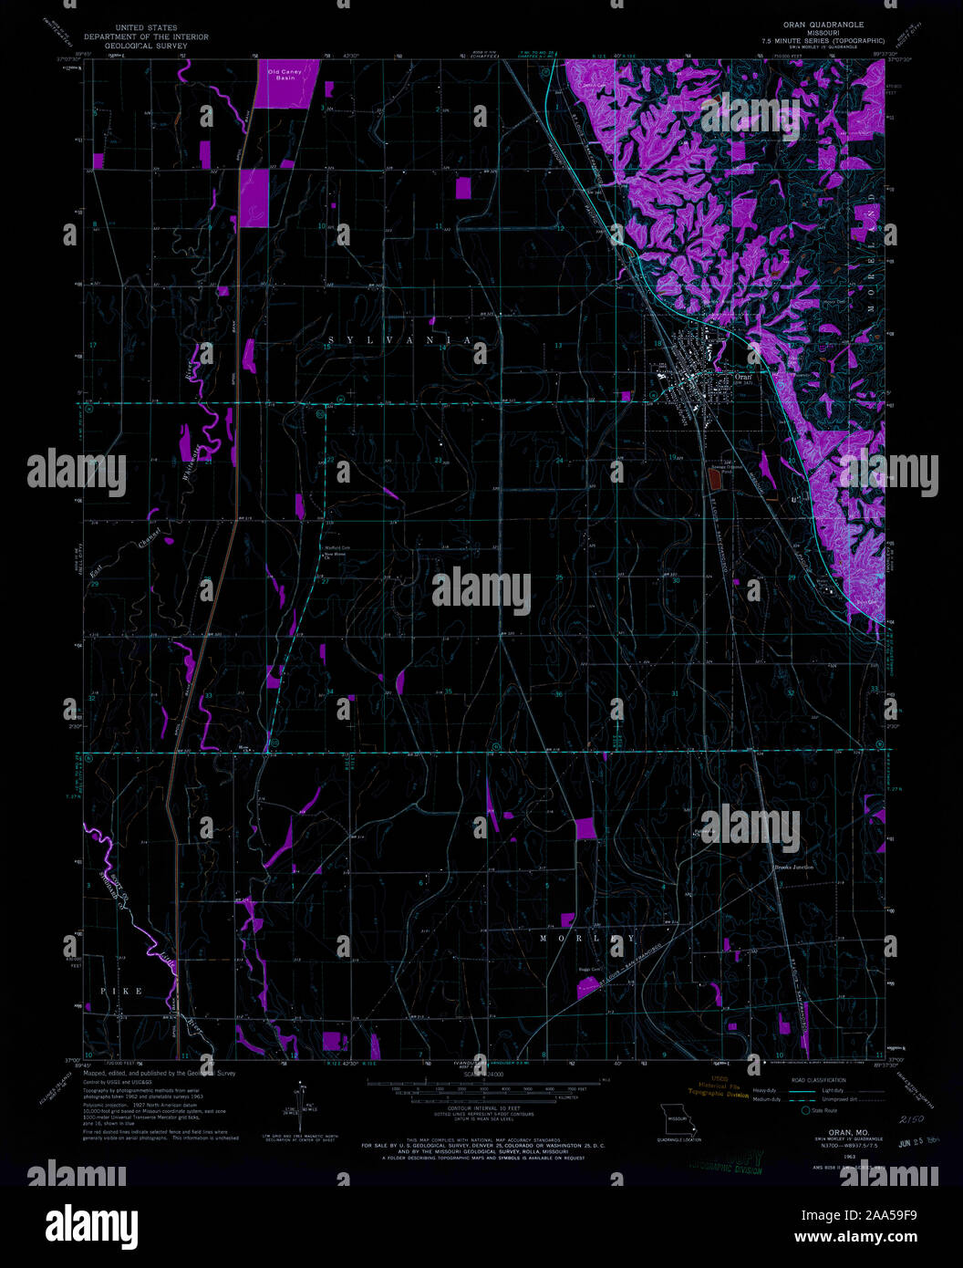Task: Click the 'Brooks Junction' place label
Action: point(793,867)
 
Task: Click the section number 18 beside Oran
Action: point(658,343)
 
